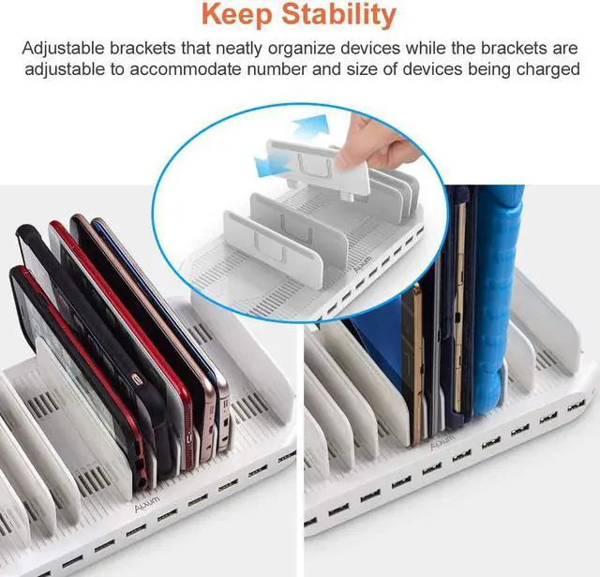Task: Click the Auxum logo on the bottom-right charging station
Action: [442, 445]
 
